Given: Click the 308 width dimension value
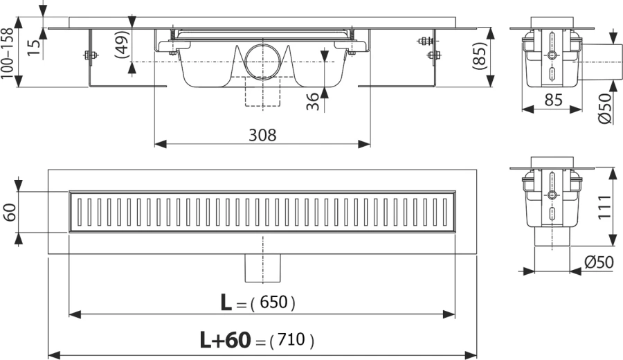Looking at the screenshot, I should pyautogui.click(x=262, y=135).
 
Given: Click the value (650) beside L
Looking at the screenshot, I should pyautogui.click(x=273, y=303).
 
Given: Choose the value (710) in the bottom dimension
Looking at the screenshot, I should pyautogui.click(x=291, y=341).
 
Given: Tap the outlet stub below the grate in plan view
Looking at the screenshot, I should pyautogui.click(x=263, y=267).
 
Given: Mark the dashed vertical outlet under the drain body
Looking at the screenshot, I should pyautogui.click(x=262, y=94).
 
